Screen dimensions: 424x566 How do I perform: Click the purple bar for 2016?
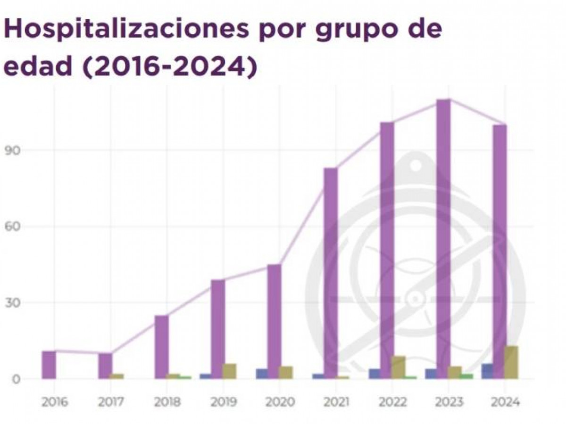49,365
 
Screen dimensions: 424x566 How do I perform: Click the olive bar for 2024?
511,362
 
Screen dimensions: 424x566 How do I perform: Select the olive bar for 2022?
399,367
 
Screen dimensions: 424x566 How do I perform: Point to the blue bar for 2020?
262,374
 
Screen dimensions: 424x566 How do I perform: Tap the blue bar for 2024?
487,371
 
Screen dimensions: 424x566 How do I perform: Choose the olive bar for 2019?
230,371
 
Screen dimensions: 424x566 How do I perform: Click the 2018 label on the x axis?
167,402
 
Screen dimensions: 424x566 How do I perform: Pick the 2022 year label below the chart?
393,402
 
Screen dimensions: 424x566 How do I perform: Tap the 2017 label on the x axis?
111,402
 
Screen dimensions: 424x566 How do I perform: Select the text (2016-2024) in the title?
170,67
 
